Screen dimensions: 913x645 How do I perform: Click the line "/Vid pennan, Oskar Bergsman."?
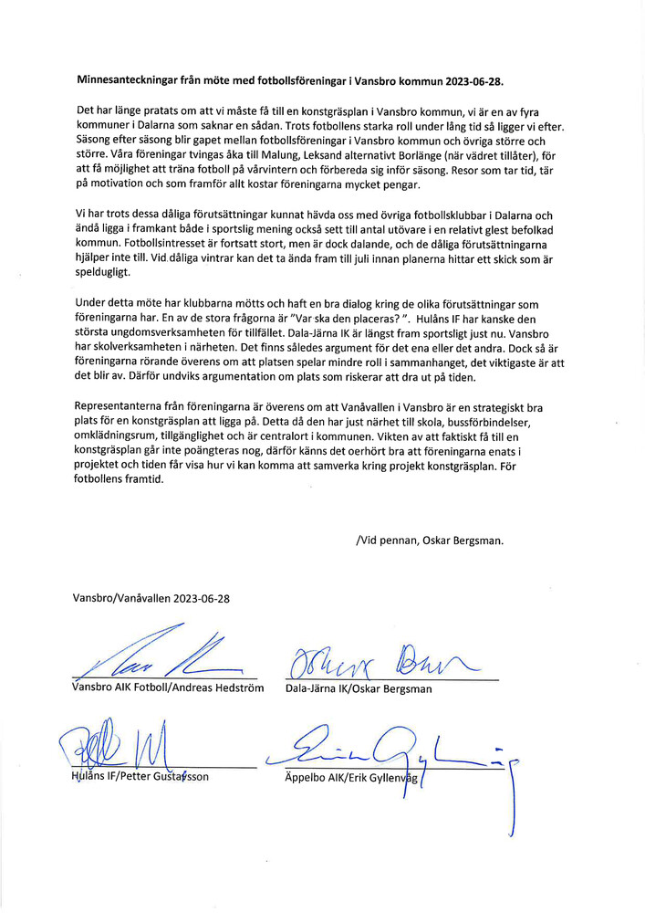pyautogui.click(x=430, y=540)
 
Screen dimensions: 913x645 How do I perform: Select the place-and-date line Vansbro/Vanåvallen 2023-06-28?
pyautogui.click(x=151, y=598)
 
